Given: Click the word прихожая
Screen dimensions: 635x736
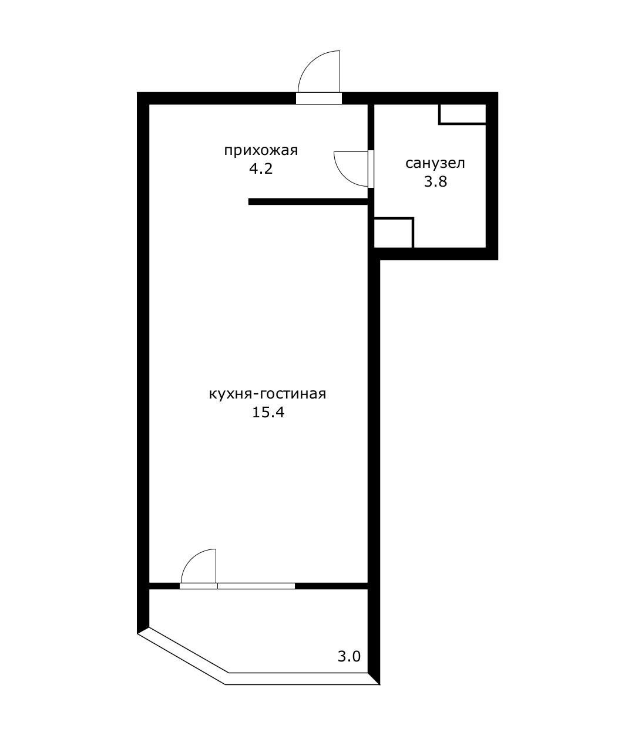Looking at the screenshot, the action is tap(261, 151).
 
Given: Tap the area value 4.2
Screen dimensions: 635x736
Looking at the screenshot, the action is tap(261, 169).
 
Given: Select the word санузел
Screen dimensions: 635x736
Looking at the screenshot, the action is tap(435, 163).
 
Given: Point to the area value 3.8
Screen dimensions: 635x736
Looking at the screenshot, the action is tap(435, 181).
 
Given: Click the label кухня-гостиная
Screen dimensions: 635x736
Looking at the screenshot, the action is tap(268, 394).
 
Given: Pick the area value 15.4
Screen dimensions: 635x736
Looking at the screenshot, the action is tap(268, 413).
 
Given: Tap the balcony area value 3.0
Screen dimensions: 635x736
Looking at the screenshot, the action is tap(349, 656).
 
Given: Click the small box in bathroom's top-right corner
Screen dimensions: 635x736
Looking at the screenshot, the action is tap(462, 114).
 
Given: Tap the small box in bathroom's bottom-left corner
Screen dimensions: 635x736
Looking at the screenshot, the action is tap(394, 232).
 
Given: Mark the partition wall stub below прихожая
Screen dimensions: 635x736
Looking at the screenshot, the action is tap(308, 202).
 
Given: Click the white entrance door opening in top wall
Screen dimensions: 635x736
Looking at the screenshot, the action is tap(319, 98).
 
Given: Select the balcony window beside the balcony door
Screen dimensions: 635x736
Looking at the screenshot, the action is tap(256, 586).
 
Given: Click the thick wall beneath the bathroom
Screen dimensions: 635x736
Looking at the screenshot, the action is tap(435, 254).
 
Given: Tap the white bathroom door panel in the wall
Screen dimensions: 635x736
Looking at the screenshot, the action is tap(371, 169).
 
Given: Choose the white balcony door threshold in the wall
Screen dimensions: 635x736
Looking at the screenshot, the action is tap(199, 586).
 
